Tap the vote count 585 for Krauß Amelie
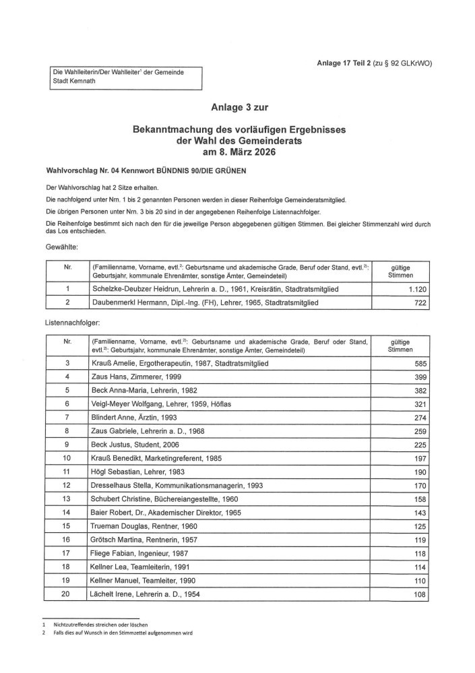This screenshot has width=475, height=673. click(418, 364)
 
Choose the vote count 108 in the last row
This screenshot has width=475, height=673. click(418, 595)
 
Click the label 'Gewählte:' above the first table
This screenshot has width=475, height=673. click(62, 247)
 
